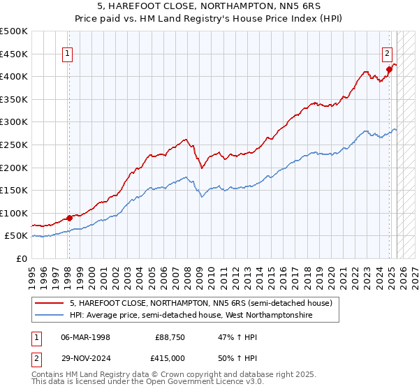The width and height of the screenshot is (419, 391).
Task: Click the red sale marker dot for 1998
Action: coord(68,218)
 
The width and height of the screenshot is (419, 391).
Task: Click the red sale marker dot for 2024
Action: coord(390,69)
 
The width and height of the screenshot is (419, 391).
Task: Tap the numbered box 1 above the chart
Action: coord(68,52)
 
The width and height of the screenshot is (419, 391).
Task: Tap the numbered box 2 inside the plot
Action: coord(387,52)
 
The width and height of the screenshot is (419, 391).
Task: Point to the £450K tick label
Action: coord(14,54)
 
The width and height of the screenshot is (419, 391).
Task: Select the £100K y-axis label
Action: coord(14,213)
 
